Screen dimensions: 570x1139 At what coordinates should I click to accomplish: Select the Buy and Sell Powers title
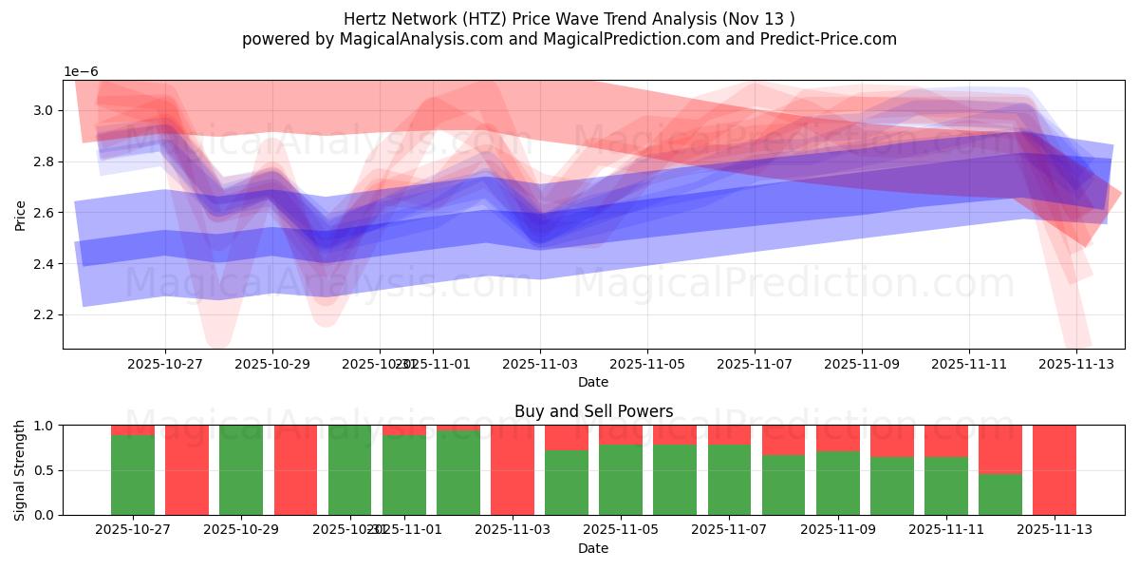point(593,411)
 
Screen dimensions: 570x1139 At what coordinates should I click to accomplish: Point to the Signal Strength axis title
point(20,470)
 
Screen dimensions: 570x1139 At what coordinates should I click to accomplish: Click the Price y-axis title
point(20,215)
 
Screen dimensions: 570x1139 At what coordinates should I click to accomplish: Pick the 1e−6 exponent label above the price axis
point(81,72)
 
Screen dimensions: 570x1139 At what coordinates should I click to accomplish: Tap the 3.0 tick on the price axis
point(44,111)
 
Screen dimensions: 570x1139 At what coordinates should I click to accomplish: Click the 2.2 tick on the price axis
point(44,314)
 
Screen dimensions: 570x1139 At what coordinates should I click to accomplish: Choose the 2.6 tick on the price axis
point(44,213)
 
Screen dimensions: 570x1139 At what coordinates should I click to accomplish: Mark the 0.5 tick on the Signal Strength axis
point(44,470)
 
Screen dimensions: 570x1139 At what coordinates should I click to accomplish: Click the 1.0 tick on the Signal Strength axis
point(44,426)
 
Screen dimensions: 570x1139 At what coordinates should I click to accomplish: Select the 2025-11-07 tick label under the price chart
point(755,363)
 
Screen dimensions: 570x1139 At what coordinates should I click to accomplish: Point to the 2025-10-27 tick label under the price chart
point(165,363)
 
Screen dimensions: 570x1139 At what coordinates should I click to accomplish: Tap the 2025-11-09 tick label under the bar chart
point(837,529)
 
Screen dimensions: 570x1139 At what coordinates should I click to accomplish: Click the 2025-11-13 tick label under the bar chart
point(1055,529)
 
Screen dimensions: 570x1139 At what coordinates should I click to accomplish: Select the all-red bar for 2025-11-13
point(1055,470)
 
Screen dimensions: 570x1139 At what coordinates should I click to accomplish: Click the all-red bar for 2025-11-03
point(513,470)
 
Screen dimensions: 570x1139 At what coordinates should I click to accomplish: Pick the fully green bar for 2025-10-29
point(241,470)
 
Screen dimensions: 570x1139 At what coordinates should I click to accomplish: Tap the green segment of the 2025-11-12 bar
point(1000,494)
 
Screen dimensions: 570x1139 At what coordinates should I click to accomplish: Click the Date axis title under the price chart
point(593,382)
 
